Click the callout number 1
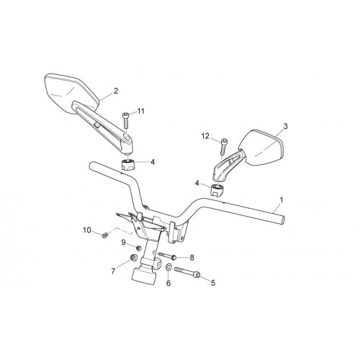tap(282, 200)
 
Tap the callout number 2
tap(116, 91)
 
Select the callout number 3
tap(285, 126)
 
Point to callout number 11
tap(141, 111)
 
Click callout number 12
tap(205, 136)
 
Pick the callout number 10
tap(87, 230)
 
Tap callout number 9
tap(124, 243)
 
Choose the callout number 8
tap(192, 258)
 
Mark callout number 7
tap(113, 271)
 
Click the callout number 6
tap(168, 283)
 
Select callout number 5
tap(213, 283)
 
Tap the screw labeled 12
tap(223, 146)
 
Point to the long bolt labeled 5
tap(187, 272)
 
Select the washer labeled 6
tap(168, 266)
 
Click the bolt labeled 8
tap(167, 256)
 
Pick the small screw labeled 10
tap(104, 235)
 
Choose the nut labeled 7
tap(133, 258)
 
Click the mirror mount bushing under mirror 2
tap(127, 165)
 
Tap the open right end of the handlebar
tap(283, 220)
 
